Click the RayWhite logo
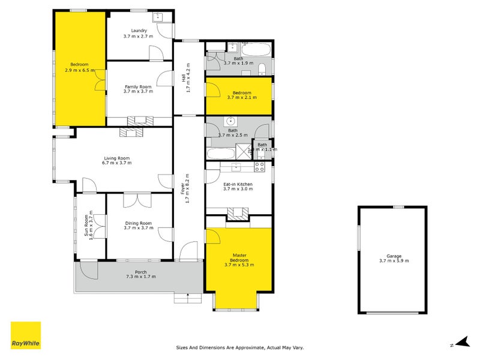coord(26,335)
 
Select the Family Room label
coord(139,88)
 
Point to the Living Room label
coord(116,161)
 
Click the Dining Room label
coord(139,226)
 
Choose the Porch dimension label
coord(140,274)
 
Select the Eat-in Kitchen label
coord(238,187)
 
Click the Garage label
coord(394,258)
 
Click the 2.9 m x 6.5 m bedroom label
coord(79,67)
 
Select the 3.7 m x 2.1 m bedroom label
coord(239,96)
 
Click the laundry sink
coord(159,17)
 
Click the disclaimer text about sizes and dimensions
coord(239,347)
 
